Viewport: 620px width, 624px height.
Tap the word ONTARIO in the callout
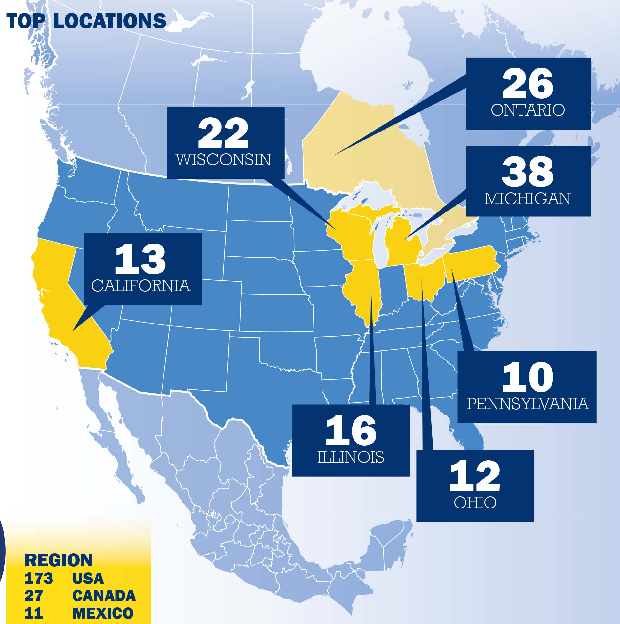528,110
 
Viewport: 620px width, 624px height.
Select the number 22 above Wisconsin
223,133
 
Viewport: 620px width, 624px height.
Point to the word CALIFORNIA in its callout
141,285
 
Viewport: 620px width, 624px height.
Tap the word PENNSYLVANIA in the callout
528,404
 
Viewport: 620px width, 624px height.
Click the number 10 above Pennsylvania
527,377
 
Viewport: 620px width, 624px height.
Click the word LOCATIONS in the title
109,21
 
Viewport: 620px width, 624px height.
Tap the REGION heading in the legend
59,560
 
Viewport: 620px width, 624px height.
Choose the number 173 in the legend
38,578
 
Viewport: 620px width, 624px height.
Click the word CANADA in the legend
104,596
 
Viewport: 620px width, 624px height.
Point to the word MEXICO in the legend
103,613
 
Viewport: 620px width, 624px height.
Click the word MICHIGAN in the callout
528,199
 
